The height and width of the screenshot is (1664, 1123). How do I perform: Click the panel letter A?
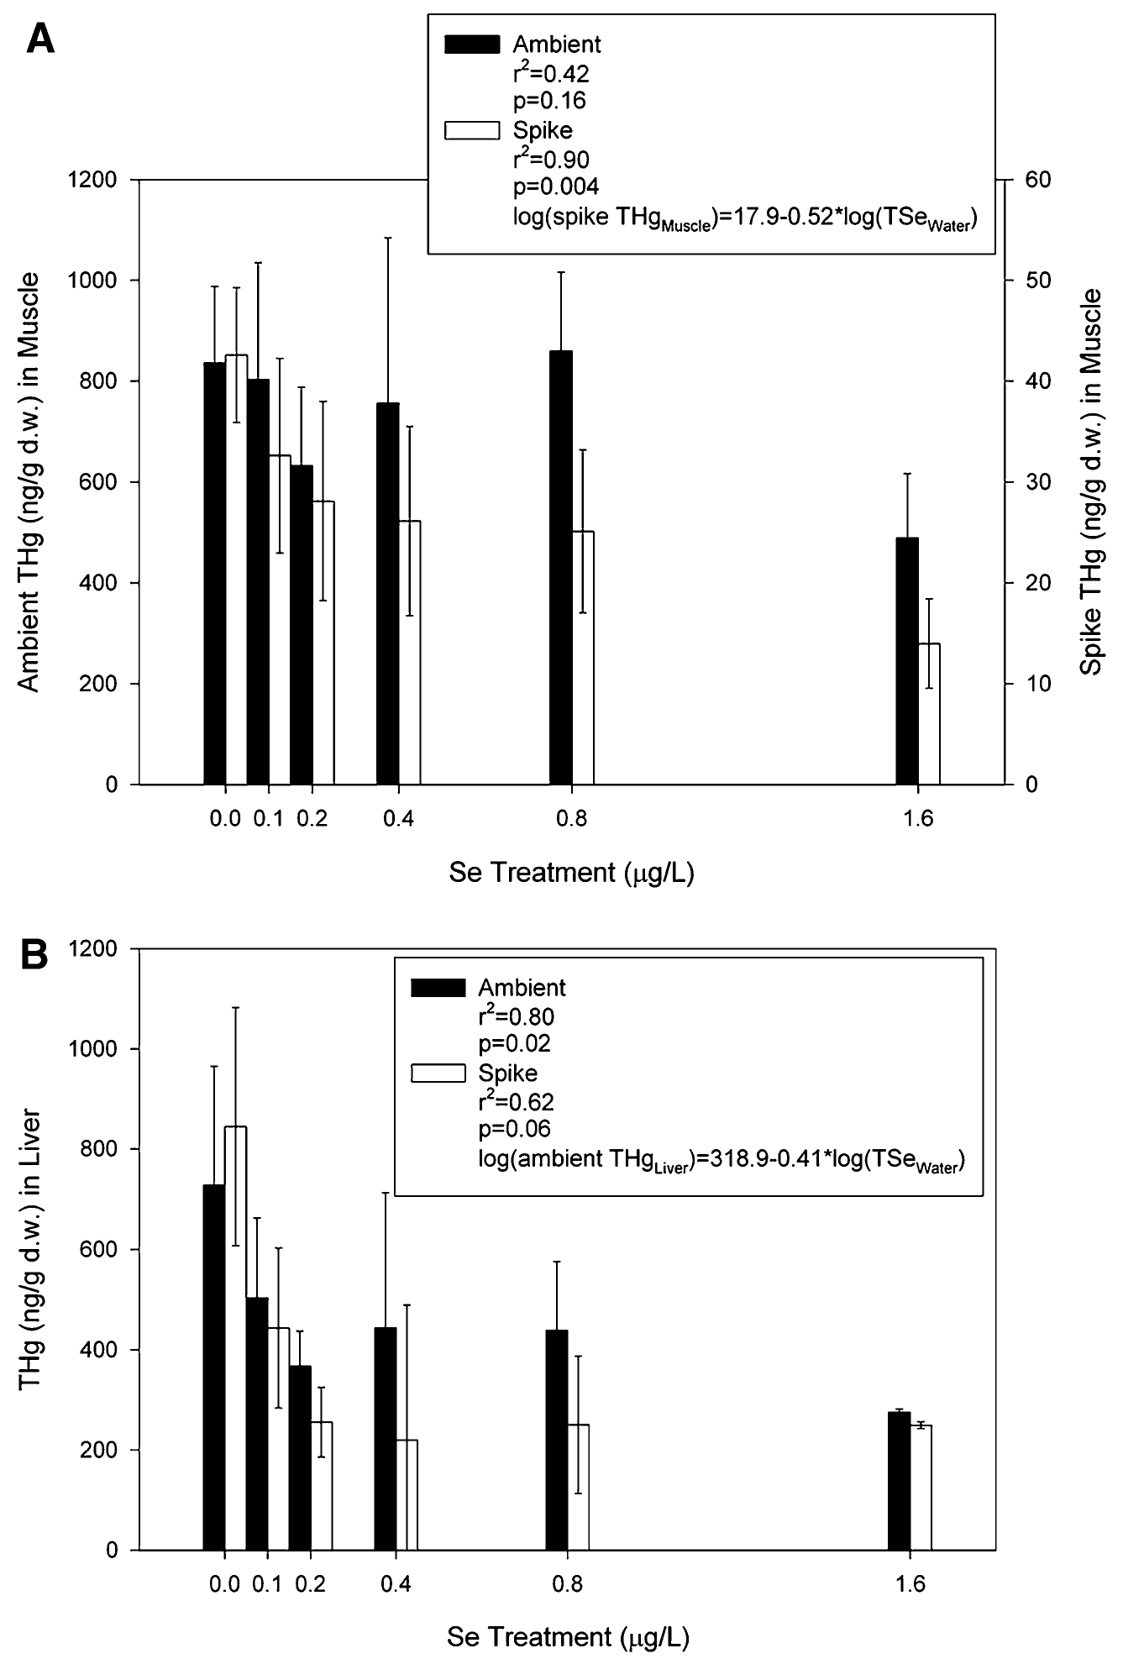(x=41, y=38)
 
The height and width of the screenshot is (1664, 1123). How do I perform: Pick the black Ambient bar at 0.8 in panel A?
(x=560, y=567)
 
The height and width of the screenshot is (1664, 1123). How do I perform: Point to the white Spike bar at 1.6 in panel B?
(x=921, y=1487)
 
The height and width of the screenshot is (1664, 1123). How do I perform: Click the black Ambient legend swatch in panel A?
(x=471, y=42)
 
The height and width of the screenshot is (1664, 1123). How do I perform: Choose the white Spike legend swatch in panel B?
(x=438, y=1073)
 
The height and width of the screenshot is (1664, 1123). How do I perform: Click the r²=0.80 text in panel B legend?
(x=516, y=1017)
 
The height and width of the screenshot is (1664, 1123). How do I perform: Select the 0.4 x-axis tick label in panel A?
(x=398, y=819)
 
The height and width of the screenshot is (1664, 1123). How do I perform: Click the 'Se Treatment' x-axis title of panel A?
(x=571, y=874)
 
